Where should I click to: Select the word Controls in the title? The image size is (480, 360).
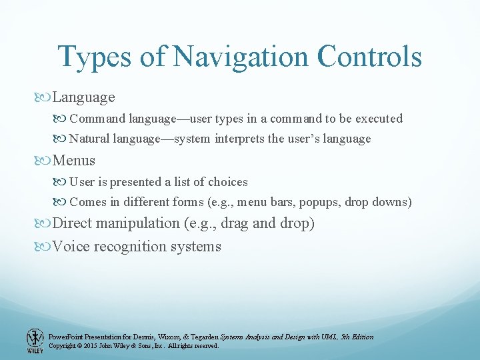[369, 57]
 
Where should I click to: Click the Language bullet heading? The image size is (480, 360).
[83, 97]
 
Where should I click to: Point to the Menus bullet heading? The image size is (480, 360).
[73, 161]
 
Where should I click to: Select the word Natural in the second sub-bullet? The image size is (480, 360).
[91, 139]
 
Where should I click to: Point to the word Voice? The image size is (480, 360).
[71, 247]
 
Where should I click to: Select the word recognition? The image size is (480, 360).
[127, 247]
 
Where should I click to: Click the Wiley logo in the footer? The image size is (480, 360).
[34, 341]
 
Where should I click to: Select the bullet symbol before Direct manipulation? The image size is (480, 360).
[45, 224]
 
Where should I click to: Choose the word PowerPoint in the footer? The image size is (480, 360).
[66, 337]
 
